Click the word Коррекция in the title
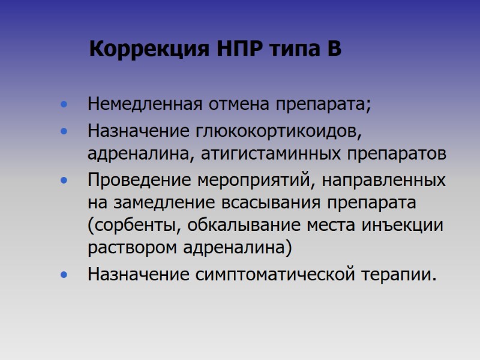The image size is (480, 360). (x=148, y=49)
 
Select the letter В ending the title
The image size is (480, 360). (x=334, y=49)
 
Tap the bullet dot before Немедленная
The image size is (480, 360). (x=64, y=106)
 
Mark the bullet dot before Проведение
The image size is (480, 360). (x=64, y=181)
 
